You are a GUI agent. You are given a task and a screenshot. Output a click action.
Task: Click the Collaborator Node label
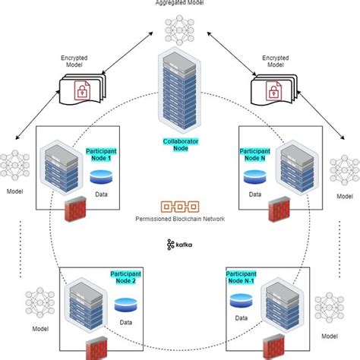179,144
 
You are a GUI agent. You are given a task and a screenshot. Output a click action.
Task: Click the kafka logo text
180,245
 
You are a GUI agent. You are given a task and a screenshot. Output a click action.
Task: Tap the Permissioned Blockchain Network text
180,220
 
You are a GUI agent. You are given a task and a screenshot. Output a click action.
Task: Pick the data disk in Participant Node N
254,178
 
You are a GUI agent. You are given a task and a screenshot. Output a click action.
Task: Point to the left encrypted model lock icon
80,93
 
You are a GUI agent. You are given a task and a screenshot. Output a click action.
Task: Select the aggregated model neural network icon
180,31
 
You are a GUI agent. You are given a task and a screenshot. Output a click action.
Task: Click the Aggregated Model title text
180,4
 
